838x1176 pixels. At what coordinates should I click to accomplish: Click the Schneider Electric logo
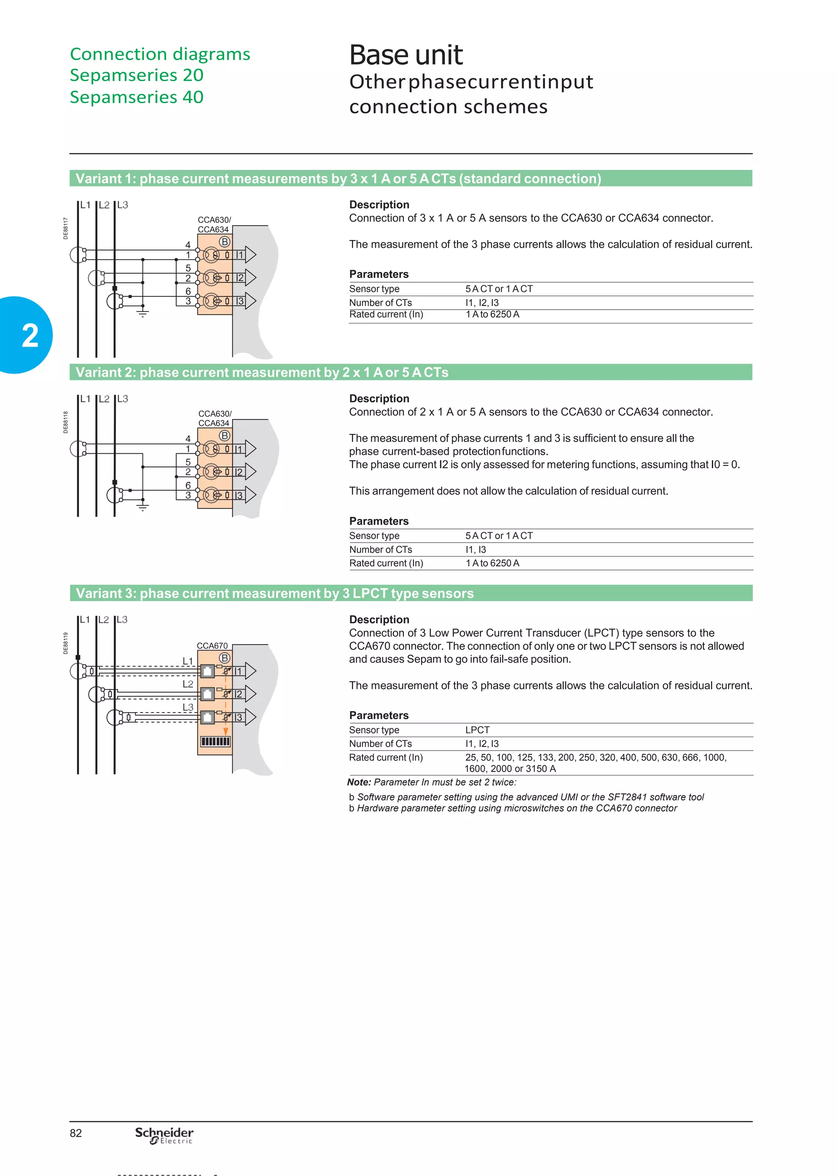[164, 1135]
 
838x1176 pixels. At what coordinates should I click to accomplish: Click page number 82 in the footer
[76, 1133]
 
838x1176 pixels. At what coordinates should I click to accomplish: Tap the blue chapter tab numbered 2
[28, 335]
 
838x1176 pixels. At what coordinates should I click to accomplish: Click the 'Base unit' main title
[405, 55]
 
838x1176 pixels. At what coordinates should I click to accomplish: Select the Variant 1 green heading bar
[410, 179]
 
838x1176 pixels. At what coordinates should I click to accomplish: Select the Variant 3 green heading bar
[410, 593]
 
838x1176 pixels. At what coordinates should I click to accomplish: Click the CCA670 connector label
[212, 645]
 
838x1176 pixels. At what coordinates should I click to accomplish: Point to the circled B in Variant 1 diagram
[225, 242]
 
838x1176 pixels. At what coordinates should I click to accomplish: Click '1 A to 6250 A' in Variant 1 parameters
[492, 314]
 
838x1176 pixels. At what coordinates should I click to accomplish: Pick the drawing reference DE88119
[65, 643]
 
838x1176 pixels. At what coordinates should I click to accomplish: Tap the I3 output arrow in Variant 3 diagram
[250, 717]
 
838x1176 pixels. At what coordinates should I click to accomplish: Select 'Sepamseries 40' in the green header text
[137, 97]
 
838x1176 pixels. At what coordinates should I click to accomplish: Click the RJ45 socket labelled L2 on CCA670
[207, 694]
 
